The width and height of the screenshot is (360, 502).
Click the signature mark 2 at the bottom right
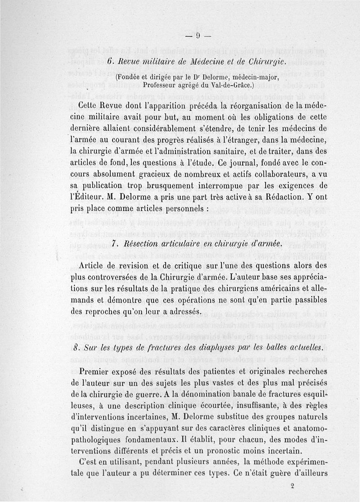[x=292, y=486]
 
